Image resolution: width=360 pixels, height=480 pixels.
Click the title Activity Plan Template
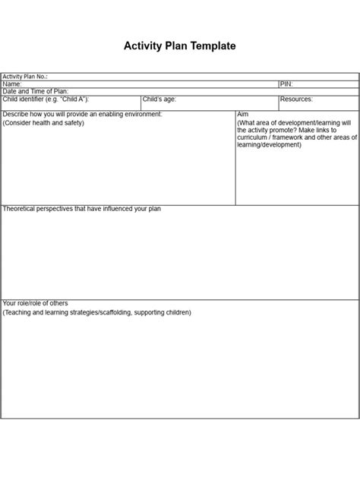(180, 46)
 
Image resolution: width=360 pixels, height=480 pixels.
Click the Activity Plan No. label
(25, 77)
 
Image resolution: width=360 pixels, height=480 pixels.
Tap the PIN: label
(286, 84)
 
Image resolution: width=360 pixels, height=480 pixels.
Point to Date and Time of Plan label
(36, 92)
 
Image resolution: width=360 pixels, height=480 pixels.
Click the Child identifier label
(45, 99)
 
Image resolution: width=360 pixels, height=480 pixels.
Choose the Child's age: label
(159, 99)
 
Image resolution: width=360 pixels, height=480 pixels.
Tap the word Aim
(243, 114)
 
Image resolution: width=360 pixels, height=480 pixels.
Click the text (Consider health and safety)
(44, 122)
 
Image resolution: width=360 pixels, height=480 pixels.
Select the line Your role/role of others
(40, 303)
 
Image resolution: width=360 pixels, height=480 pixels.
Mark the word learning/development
(270, 145)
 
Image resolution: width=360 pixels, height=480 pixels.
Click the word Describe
(16, 114)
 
